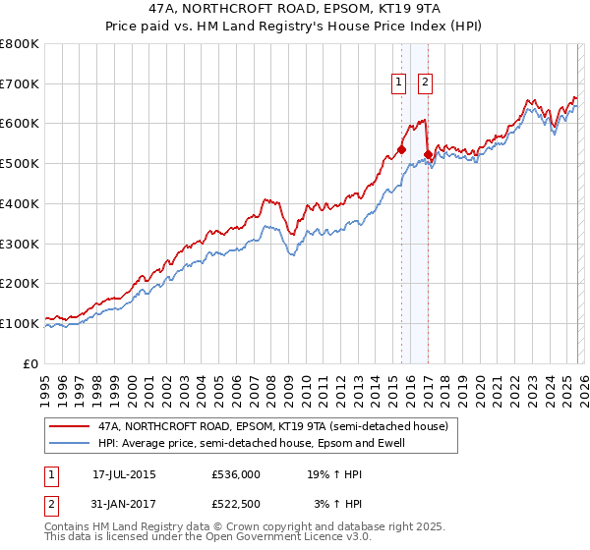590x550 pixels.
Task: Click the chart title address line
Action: coord(295,9)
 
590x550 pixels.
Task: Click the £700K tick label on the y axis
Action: coord(20,83)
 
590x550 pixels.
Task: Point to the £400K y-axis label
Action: coord(20,203)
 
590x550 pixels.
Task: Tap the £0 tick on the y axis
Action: coord(31,363)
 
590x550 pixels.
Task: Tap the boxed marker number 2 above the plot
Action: coord(426,83)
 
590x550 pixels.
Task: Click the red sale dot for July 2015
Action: coord(401,149)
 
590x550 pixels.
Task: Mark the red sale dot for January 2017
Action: coord(428,154)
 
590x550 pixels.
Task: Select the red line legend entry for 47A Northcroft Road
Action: coord(272,426)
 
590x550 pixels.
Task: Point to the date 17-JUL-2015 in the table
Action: coord(124,473)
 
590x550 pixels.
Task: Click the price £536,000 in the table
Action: coord(235,473)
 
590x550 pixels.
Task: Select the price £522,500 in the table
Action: coord(235,504)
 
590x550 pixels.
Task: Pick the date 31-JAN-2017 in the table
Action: coord(124,504)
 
